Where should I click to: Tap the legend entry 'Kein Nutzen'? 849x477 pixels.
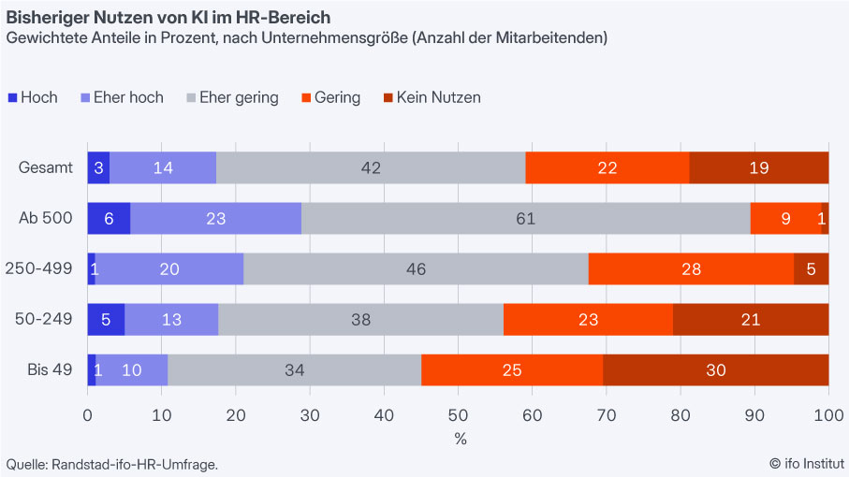(432, 97)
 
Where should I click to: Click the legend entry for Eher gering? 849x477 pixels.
(233, 97)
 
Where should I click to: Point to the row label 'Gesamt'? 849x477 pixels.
(46, 167)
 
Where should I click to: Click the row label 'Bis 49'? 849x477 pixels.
(50, 369)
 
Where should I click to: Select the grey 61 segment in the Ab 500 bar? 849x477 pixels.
(525, 219)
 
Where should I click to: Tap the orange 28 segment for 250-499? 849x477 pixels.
(691, 269)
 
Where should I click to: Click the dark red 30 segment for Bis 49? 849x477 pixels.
(716, 369)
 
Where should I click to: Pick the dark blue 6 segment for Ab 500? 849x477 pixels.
(109, 219)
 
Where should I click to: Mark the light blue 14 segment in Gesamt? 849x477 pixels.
(163, 167)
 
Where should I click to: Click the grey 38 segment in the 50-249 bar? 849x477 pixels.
(360, 319)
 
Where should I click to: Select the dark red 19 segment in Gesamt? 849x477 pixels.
(759, 167)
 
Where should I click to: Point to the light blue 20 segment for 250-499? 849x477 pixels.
(169, 269)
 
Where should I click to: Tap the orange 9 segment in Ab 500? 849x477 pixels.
(785, 219)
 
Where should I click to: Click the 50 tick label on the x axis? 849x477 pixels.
(458, 416)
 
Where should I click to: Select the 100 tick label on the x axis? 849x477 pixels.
(827, 416)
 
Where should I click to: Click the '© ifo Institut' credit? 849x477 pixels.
(807, 463)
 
